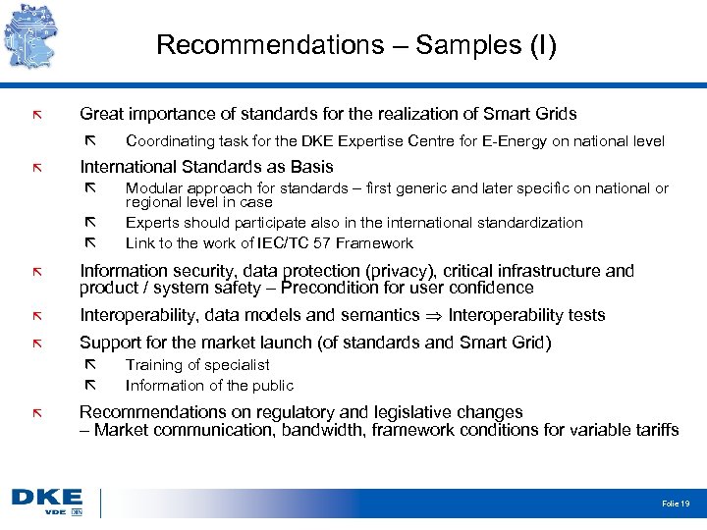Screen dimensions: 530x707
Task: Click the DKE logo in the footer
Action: [47, 500]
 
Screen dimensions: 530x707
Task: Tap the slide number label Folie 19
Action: [676, 503]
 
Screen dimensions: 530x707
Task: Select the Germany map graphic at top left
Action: [37, 34]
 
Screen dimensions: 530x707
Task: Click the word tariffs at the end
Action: [655, 430]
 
